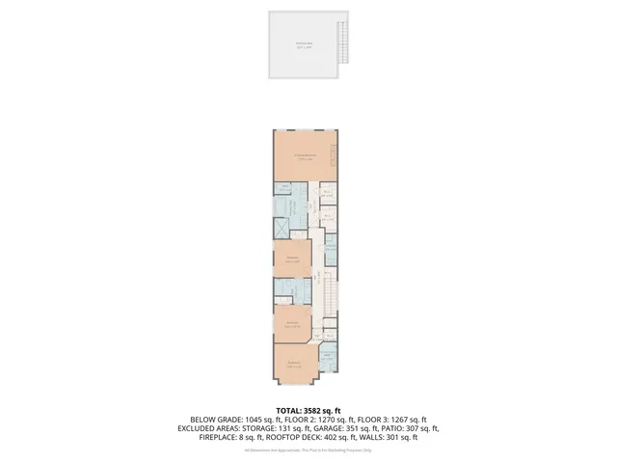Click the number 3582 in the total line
tap(312, 410)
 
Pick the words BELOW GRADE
tap(205, 420)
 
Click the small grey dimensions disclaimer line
tap(308, 450)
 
